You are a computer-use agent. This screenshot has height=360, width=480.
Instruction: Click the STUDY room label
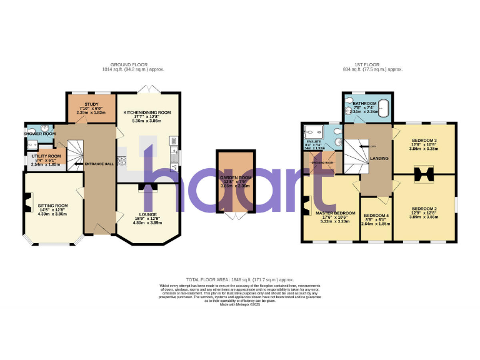tap(91, 104)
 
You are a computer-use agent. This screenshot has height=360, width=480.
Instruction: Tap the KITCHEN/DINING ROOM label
tap(147, 112)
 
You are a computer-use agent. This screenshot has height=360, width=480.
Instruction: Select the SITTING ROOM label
tap(52, 205)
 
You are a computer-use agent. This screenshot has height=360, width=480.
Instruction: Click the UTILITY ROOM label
tap(46, 156)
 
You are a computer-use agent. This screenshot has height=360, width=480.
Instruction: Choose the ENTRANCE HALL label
tap(101, 164)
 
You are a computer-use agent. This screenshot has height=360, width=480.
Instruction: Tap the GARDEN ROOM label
tap(235, 178)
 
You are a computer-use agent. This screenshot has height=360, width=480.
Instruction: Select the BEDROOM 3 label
tap(424, 141)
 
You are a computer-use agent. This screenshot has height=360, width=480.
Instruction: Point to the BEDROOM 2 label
tap(424, 208)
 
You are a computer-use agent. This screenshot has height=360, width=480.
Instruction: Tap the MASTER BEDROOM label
tap(330, 212)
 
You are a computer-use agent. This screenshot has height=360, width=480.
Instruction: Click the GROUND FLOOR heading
tap(127, 65)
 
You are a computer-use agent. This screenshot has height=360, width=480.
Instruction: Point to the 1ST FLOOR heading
tap(368, 65)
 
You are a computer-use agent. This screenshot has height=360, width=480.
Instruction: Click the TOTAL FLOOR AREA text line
tap(240, 279)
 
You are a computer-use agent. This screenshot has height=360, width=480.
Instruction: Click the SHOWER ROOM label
tap(40, 133)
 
